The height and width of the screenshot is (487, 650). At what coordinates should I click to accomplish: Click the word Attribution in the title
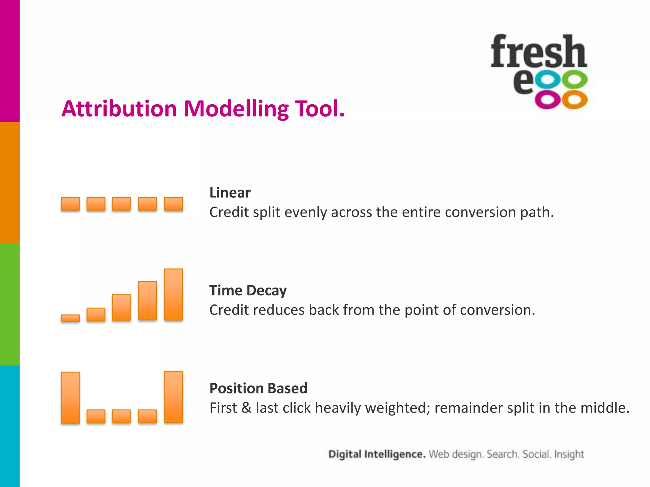tap(119, 109)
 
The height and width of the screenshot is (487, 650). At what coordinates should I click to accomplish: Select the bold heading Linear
tap(230, 193)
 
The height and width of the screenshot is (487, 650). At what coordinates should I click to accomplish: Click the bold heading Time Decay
tap(248, 290)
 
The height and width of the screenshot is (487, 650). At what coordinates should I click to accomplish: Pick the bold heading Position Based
tap(258, 388)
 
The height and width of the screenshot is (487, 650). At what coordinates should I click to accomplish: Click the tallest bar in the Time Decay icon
tap(173, 295)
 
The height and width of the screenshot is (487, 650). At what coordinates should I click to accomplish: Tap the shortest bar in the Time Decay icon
tap(70, 318)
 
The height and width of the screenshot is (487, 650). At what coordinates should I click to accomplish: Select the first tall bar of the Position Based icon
tap(70, 398)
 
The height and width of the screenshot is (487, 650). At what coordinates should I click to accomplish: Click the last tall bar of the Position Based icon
tap(173, 397)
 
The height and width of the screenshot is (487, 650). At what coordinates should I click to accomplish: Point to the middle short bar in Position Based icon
tap(121, 416)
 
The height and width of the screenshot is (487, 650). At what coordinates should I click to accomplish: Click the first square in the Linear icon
tap(70, 204)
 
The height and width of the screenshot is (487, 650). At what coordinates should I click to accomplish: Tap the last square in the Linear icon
tap(173, 204)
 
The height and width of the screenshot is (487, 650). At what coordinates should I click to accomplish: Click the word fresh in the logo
tap(539, 52)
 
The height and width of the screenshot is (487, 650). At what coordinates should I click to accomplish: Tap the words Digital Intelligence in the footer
tap(377, 454)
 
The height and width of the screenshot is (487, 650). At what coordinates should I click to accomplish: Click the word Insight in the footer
tap(569, 454)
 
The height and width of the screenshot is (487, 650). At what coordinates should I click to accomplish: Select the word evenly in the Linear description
tap(306, 212)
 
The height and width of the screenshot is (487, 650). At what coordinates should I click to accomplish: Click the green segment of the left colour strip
tap(10, 304)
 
